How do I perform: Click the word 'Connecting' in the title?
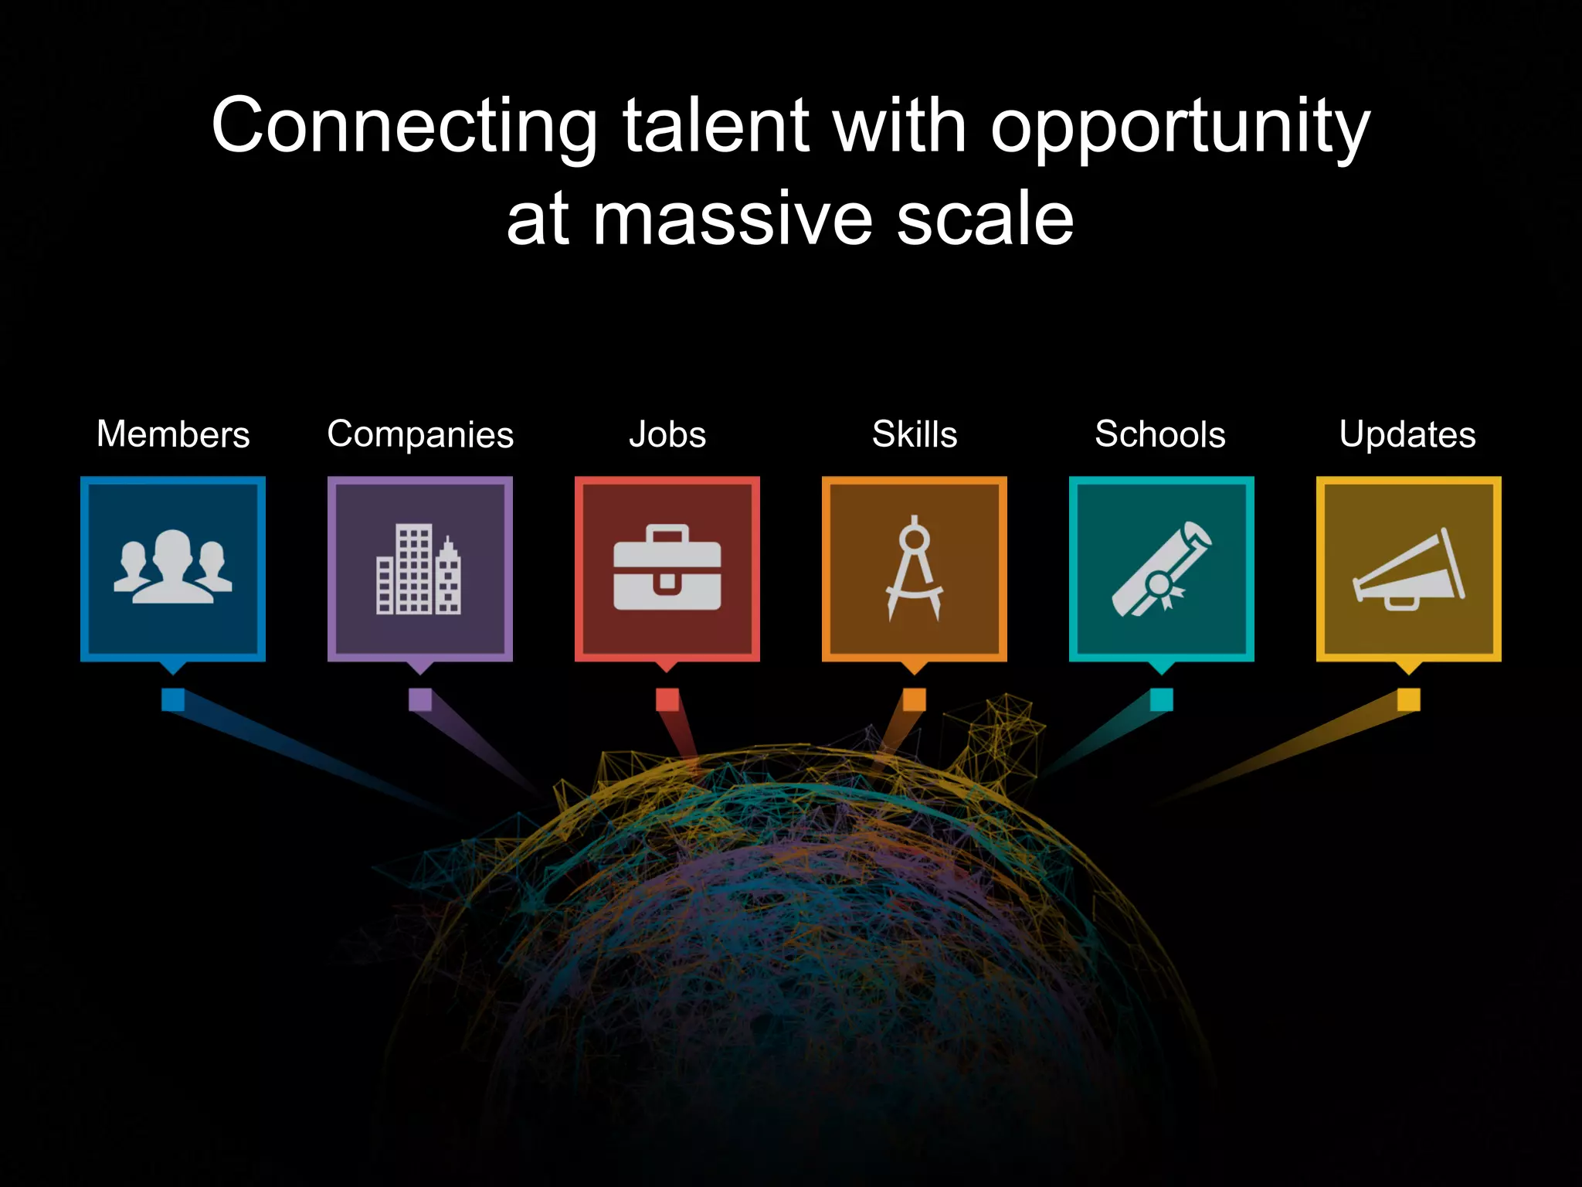[404, 126]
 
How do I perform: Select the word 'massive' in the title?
[732, 220]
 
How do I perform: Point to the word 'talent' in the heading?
[715, 126]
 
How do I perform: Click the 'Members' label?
[173, 434]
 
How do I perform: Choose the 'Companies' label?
[420, 435]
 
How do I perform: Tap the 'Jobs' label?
[667, 434]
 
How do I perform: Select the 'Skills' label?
[915, 434]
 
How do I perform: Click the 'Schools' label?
[1160, 434]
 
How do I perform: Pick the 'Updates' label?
[1407, 435]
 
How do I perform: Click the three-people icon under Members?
[173, 568]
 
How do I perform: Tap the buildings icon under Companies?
[419, 570]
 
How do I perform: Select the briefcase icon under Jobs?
[667, 568]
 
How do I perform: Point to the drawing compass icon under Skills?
[915, 568]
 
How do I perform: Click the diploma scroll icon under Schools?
[1161, 570]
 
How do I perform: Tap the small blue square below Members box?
[173, 699]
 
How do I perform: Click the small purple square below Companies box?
[420, 699]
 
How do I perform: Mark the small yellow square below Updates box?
[1408, 699]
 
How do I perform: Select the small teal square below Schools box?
[1161, 699]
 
